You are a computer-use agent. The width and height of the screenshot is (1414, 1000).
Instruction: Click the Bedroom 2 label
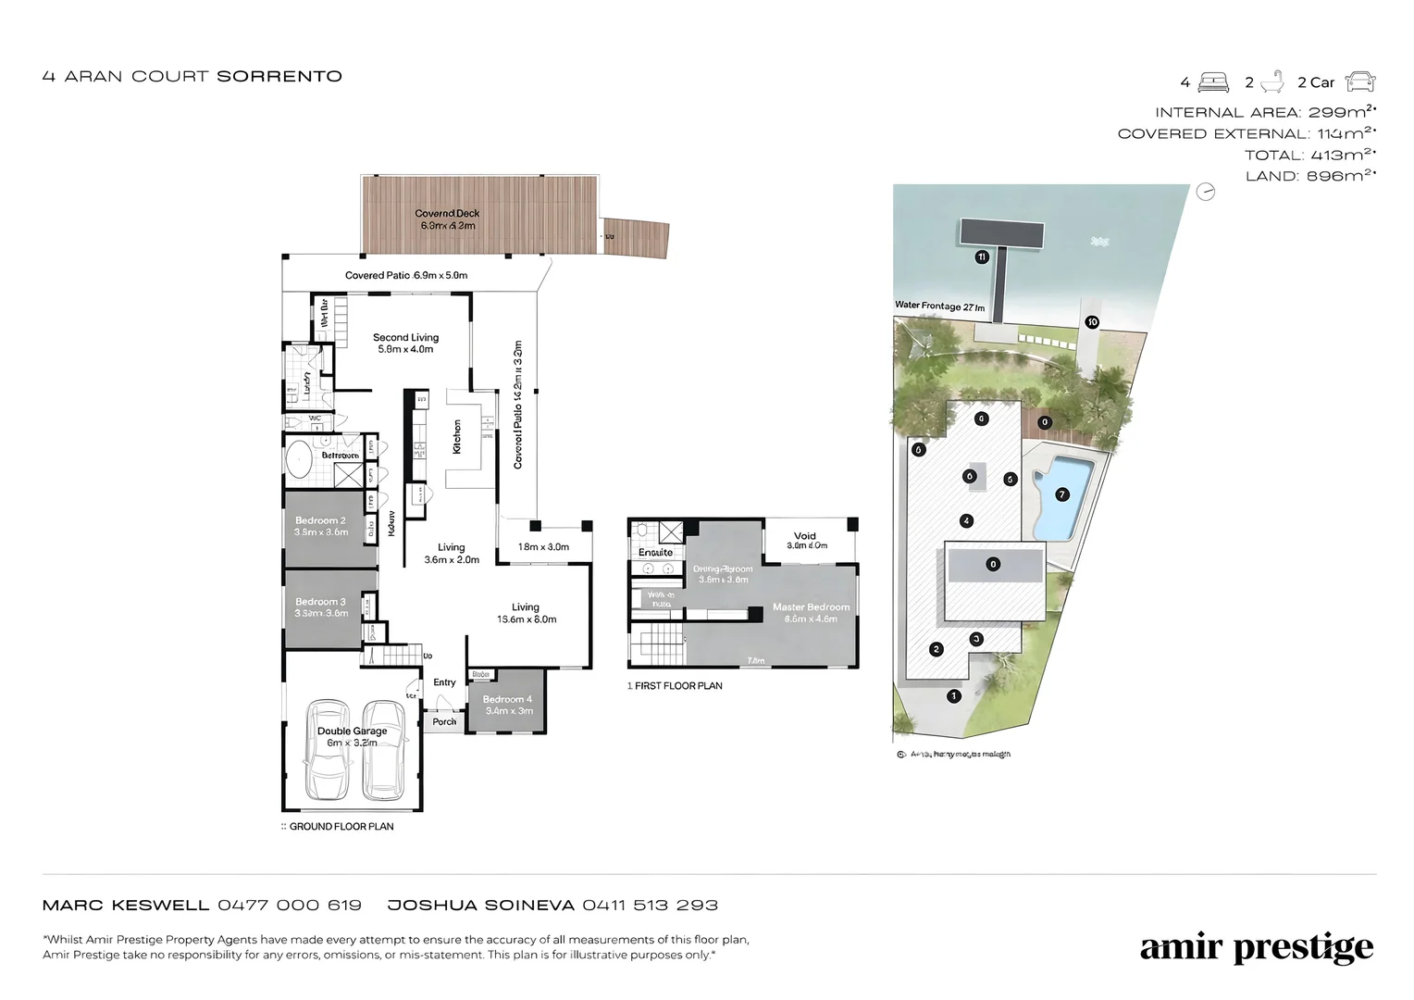point(320,521)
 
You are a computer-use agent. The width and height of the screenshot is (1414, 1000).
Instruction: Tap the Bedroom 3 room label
point(320,602)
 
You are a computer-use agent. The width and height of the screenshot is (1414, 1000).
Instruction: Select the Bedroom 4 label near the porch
point(507,699)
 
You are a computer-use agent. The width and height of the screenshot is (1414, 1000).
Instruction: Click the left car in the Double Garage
point(328,751)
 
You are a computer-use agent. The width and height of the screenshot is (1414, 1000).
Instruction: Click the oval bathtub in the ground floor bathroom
point(298,461)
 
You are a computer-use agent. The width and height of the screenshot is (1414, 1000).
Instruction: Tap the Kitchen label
point(456,437)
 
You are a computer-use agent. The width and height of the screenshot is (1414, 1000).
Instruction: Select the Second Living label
point(405,338)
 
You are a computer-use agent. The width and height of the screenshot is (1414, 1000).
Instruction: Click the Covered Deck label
point(448,214)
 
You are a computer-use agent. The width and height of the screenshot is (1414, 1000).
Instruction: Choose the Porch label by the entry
point(444,721)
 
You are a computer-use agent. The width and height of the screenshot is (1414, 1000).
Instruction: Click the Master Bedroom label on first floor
point(811,607)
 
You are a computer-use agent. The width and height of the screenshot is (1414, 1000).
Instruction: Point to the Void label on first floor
point(805,536)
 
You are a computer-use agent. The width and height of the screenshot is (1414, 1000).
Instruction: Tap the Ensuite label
point(655,553)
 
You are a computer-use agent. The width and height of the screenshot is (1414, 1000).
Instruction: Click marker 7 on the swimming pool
point(1061,494)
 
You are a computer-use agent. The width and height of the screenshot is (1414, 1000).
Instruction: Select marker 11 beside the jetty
point(982,257)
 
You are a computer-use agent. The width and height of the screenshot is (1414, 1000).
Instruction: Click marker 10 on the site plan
point(1092,322)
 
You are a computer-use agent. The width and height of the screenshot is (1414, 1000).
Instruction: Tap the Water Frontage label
point(939,306)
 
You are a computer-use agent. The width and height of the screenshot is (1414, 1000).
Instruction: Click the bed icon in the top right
point(1213,82)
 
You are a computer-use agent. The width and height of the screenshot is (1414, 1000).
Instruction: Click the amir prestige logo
point(1256,948)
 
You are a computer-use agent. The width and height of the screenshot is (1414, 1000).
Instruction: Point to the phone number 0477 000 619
point(290,905)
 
